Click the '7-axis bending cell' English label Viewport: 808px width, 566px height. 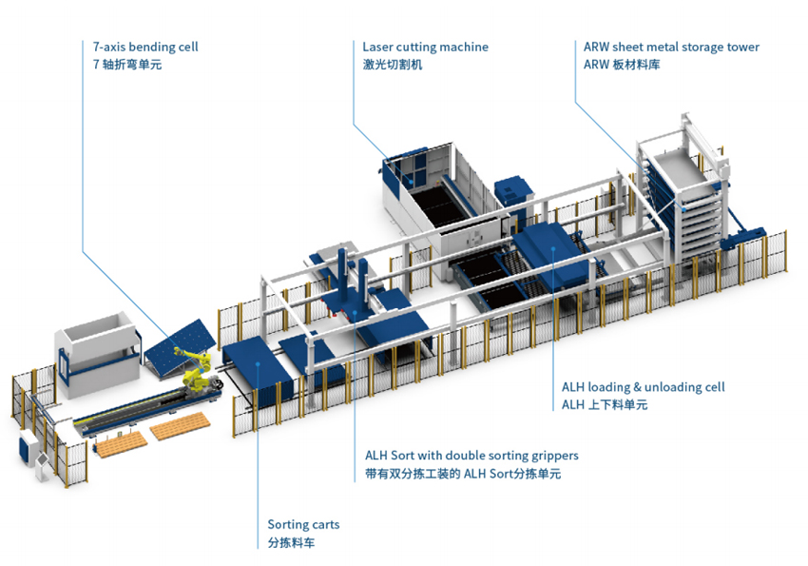[x=145, y=47]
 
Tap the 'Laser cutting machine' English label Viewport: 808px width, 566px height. [x=425, y=47]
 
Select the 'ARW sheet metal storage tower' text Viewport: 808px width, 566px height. [x=671, y=47]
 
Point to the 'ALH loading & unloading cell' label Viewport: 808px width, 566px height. [x=643, y=387]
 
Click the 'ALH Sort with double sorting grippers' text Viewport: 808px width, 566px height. [x=471, y=456]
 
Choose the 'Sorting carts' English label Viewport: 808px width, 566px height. [x=303, y=525]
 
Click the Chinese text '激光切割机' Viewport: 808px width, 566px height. [x=392, y=65]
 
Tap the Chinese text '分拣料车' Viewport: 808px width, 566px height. [x=291, y=543]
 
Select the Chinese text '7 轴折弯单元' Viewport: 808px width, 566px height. [x=127, y=65]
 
